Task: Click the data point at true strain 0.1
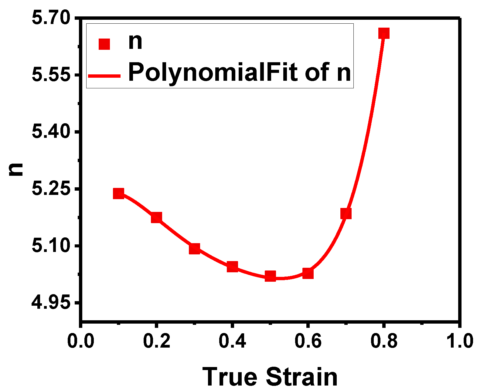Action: coord(118,193)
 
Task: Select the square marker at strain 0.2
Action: coord(156,217)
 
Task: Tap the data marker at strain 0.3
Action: coord(194,249)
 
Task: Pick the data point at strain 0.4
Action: coord(232,267)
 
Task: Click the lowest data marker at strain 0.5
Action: coord(270,276)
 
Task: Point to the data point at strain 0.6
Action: coord(308,273)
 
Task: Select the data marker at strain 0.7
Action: coord(346,213)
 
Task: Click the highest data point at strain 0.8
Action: coord(384,33)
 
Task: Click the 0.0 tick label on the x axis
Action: coord(80,341)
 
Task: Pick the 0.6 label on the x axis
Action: coord(308,341)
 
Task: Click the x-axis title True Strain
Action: coord(270,376)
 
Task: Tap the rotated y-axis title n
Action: coord(16,169)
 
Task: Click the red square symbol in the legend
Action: coord(104,44)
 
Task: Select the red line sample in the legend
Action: coord(104,76)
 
